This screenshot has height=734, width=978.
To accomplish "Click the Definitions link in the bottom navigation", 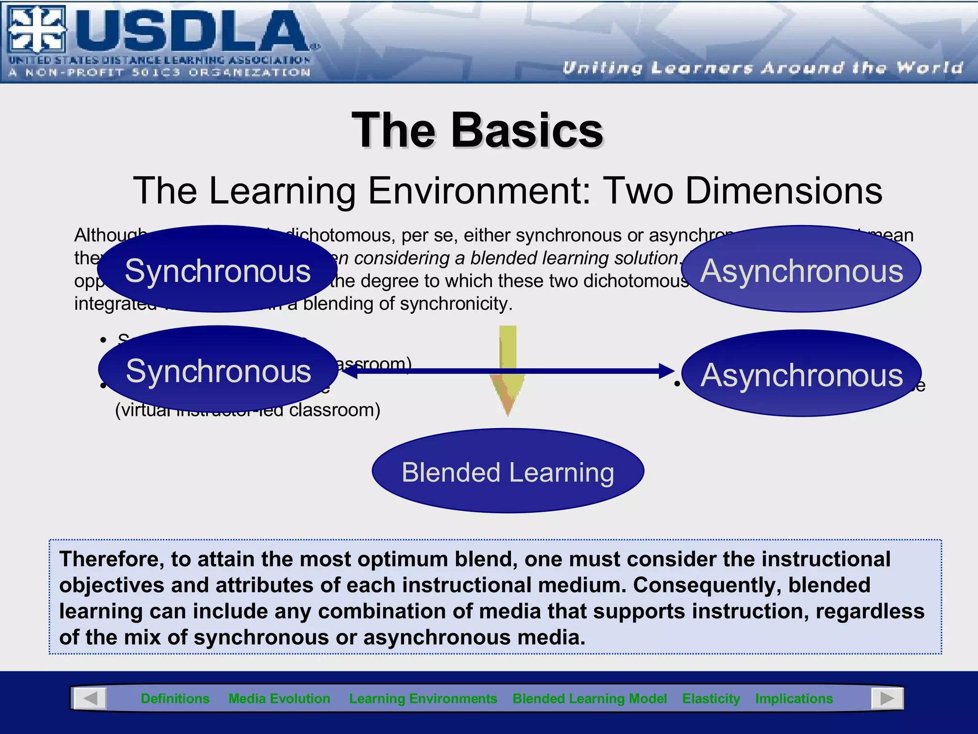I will point(175,699).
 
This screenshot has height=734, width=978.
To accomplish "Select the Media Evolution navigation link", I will point(279,699).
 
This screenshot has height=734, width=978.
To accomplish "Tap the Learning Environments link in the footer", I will point(423,699).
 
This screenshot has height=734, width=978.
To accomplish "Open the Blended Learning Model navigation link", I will point(589,699).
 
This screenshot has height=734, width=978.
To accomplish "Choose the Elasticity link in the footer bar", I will point(711,699).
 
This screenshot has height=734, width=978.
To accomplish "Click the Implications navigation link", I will point(794,699).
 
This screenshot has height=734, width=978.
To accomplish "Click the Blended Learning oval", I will point(508,472).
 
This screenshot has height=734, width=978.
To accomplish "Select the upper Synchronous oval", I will point(217,270).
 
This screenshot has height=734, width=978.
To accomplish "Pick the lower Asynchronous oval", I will point(801,374).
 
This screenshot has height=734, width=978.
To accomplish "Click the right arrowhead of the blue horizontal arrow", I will point(666,371).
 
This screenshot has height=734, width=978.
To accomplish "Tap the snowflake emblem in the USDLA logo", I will point(36,30).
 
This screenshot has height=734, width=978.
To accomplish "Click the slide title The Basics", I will point(478,130).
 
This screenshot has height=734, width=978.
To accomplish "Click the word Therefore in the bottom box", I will point(111,559).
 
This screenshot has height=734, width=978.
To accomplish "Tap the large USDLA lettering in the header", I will point(191,31).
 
